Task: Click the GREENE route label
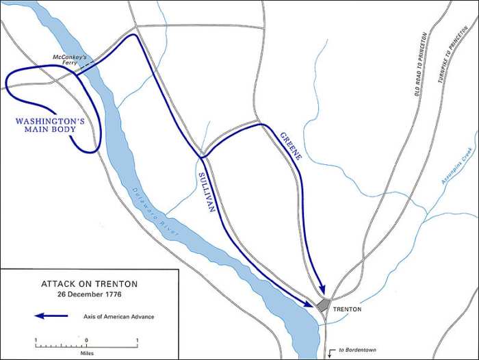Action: (291, 146)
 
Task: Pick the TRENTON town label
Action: (347, 309)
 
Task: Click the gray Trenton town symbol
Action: (324, 304)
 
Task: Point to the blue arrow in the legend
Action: (51, 316)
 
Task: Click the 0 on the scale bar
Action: (86, 339)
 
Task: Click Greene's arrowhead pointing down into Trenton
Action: (321, 292)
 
